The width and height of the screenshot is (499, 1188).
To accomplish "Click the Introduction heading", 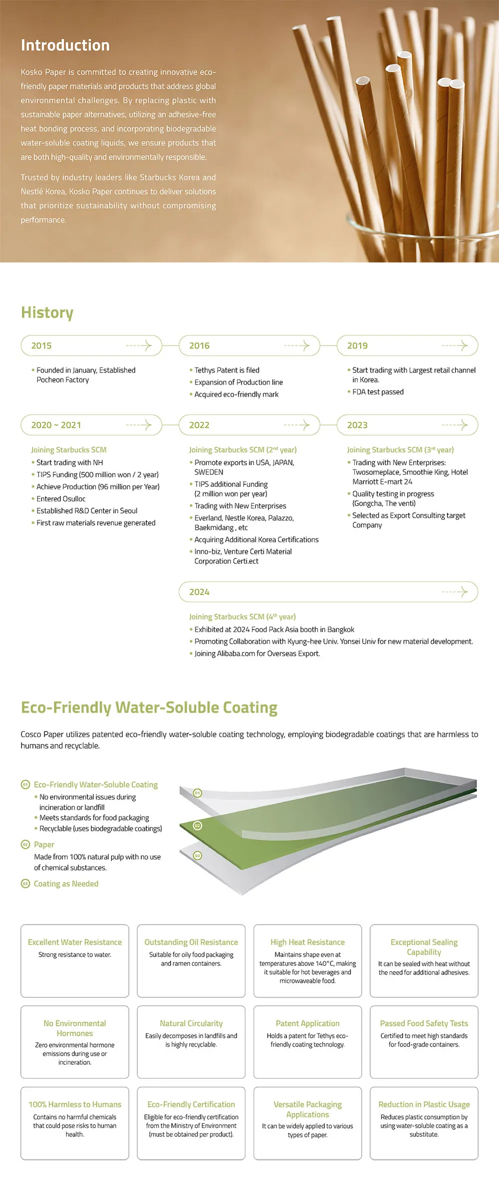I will (x=65, y=45).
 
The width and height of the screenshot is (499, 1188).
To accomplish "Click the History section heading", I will (x=47, y=313).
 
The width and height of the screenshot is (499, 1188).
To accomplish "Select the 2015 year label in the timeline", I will (x=41, y=346).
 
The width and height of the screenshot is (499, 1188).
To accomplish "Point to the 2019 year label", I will (x=357, y=346).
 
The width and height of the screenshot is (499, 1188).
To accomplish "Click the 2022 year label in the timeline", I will (x=199, y=425).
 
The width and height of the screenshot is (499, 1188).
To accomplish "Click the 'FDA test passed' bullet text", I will (x=378, y=392).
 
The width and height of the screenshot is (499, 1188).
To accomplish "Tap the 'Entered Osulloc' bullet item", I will (x=61, y=499).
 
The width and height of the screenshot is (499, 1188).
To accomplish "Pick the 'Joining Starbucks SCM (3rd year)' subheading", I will (x=400, y=450).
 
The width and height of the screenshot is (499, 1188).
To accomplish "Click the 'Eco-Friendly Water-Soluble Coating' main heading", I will (x=149, y=708).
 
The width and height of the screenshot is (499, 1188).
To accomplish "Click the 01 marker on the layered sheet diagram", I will (x=198, y=793).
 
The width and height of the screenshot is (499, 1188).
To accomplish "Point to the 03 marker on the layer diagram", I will (x=198, y=855).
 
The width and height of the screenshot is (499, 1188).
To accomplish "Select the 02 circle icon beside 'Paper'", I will (x=25, y=844).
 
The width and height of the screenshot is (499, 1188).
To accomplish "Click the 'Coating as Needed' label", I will (x=66, y=883).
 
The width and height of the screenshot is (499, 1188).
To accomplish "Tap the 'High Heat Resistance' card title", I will (x=307, y=942).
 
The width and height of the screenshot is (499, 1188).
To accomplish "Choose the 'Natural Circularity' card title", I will (x=191, y=1023).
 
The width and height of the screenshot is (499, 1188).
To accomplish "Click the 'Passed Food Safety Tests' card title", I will (x=424, y=1023).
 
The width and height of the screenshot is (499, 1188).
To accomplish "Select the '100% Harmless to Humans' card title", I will (x=75, y=1104).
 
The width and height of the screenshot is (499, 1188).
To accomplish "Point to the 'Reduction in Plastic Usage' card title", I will (x=424, y=1104).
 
